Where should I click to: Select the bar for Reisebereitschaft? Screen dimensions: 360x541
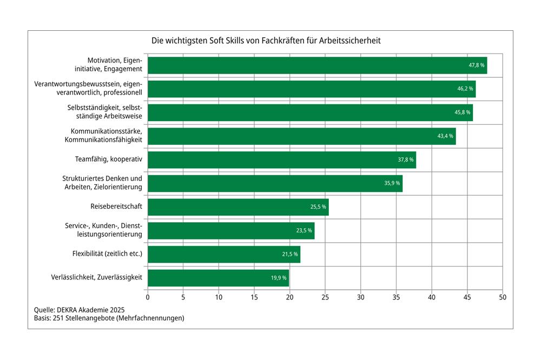coord(238,207)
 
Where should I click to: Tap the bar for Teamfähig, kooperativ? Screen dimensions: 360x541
coord(281,160)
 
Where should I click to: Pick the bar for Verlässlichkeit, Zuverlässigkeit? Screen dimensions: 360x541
coord(218,278)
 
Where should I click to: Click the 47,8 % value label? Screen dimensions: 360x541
coord(476,65)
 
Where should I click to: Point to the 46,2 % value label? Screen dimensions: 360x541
coord(465,89)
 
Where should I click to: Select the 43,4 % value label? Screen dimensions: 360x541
coord(445,136)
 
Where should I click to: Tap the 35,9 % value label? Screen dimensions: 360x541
coord(392,183)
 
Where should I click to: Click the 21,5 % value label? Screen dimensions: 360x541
coord(289,255)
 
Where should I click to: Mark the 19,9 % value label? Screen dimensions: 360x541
coord(279,278)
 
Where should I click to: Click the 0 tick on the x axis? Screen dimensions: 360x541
coord(148,297)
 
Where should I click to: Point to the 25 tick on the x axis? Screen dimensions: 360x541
coord(325,297)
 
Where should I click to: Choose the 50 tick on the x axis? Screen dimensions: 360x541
coord(503,297)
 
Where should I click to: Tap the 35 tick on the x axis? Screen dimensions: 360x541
coord(396,297)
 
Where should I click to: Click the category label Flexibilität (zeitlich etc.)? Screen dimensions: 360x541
coord(107,254)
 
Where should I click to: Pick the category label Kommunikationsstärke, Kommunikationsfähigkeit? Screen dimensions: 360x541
coord(103,136)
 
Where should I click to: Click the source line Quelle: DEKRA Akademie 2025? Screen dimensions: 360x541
coord(80,310)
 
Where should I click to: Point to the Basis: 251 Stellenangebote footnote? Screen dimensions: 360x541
coord(109,318)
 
